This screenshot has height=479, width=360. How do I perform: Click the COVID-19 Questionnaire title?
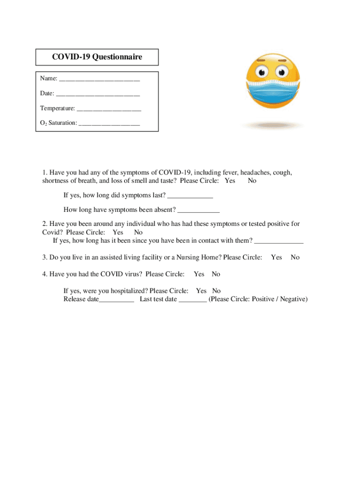pyautogui.click(x=97, y=57)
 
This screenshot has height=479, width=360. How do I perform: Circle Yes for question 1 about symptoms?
pyautogui.click(x=230, y=181)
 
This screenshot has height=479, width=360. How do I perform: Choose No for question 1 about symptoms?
pyautogui.click(x=252, y=181)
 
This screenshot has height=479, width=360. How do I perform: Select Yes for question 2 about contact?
pyautogui.click(x=118, y=232)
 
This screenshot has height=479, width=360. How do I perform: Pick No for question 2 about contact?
pyautogui.click(x=138, y=232)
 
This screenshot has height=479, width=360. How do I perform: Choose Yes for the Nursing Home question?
pyautogui.click(x=276, y=257)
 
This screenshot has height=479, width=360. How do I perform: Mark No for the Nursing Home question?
pyautogui.click(x=295, y=257)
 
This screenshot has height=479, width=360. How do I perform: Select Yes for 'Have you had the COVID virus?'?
pyautogui.click(x=199, y=274)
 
